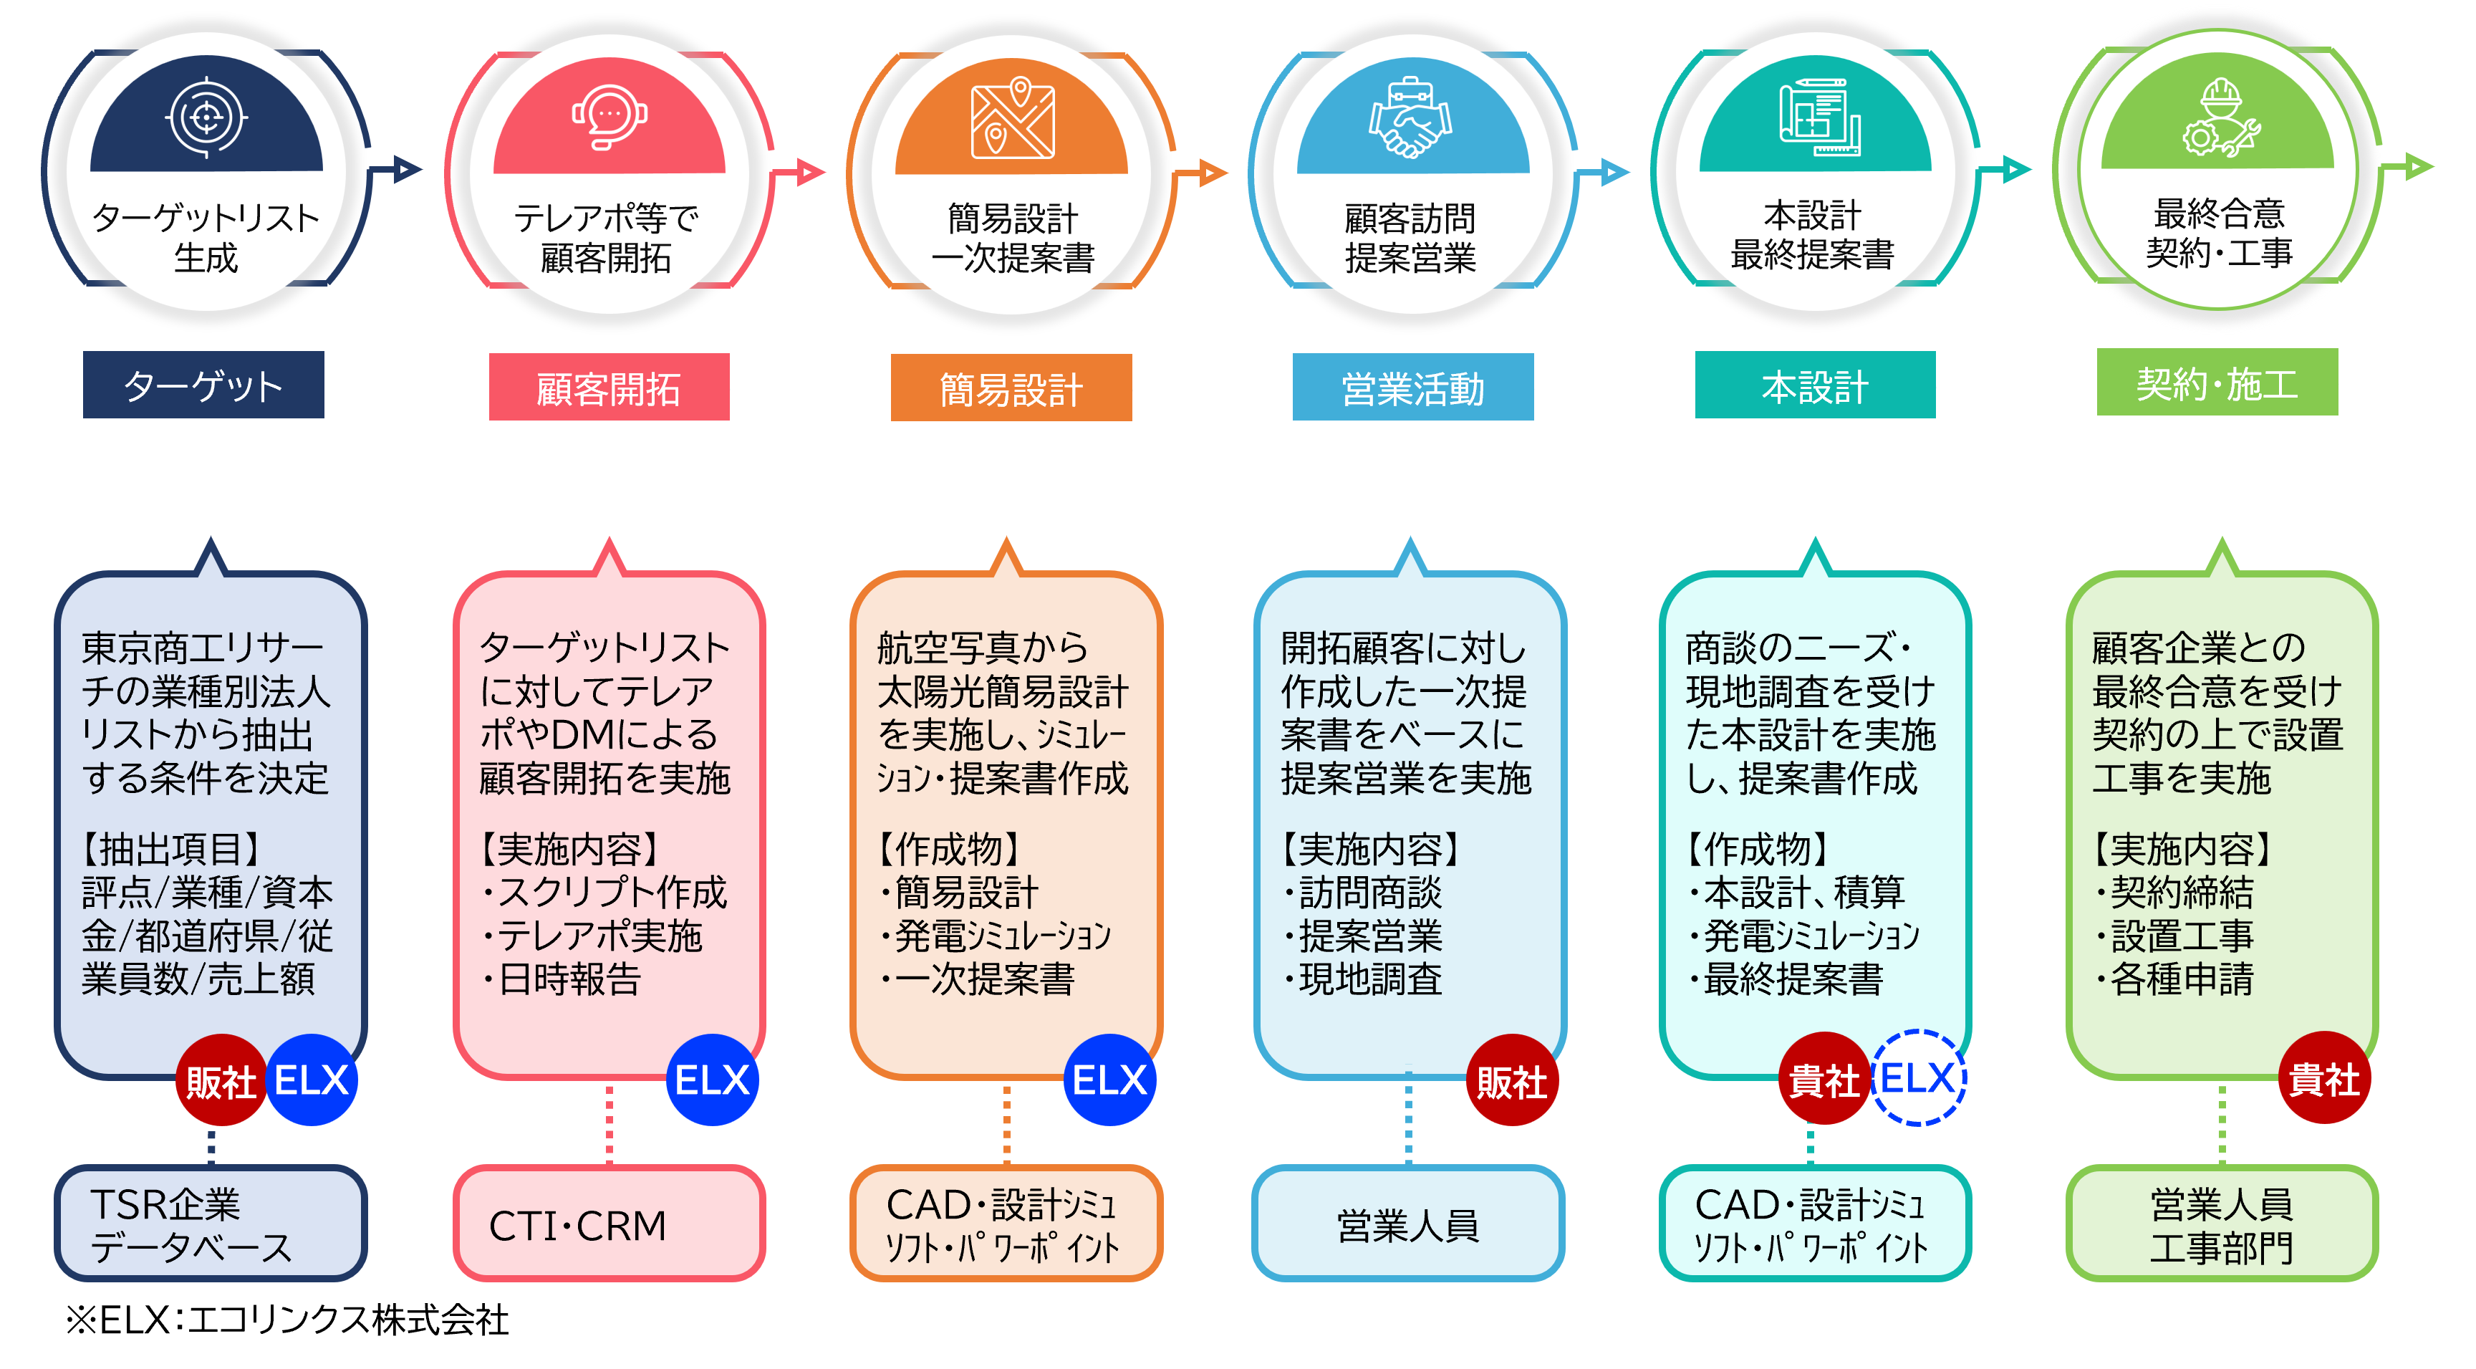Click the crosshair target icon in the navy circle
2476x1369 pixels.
pos(206,117)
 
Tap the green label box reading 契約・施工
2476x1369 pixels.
pos(2217,383)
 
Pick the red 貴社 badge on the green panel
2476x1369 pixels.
pos(2323,1079)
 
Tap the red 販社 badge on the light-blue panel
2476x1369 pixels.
pos(1511,1080)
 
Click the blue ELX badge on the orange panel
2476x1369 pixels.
pos(1109,1080)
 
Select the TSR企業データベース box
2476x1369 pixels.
pos(211,1224)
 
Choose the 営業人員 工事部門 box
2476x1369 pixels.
pos(2220,1224)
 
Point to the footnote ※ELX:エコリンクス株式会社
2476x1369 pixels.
pos(286,1319)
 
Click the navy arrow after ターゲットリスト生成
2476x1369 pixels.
pos(404,170)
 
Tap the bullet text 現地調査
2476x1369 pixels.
pos(1369,979)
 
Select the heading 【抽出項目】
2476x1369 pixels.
pos(170,849)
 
